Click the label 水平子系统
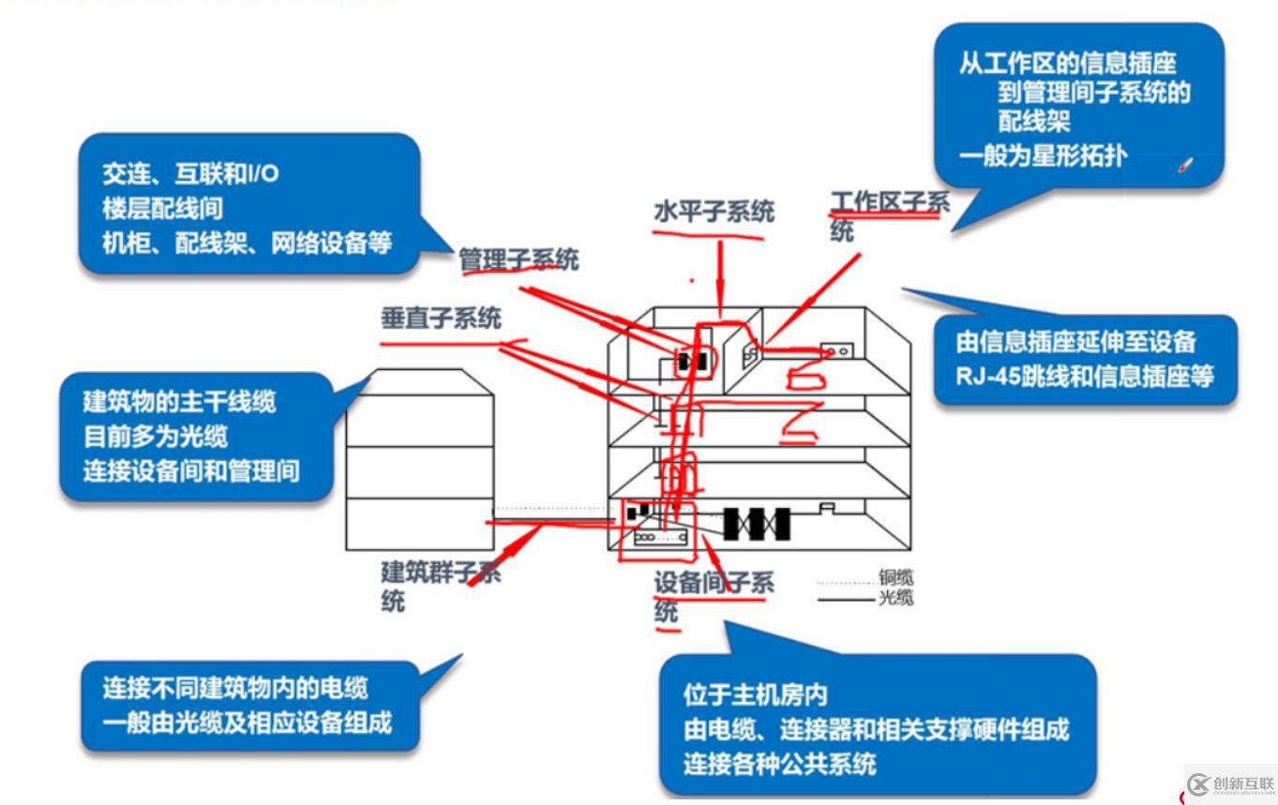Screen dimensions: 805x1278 tap(714, 213)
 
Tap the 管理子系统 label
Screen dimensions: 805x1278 tap(518, 260)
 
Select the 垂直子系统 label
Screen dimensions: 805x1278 tap(440, 320)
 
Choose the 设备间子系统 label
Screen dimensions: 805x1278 tap(714, 596)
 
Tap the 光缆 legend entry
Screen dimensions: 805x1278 tap(895, 598)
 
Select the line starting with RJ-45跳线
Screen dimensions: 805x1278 tap(1085, 377)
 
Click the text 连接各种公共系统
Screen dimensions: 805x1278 tap(780, 764)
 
